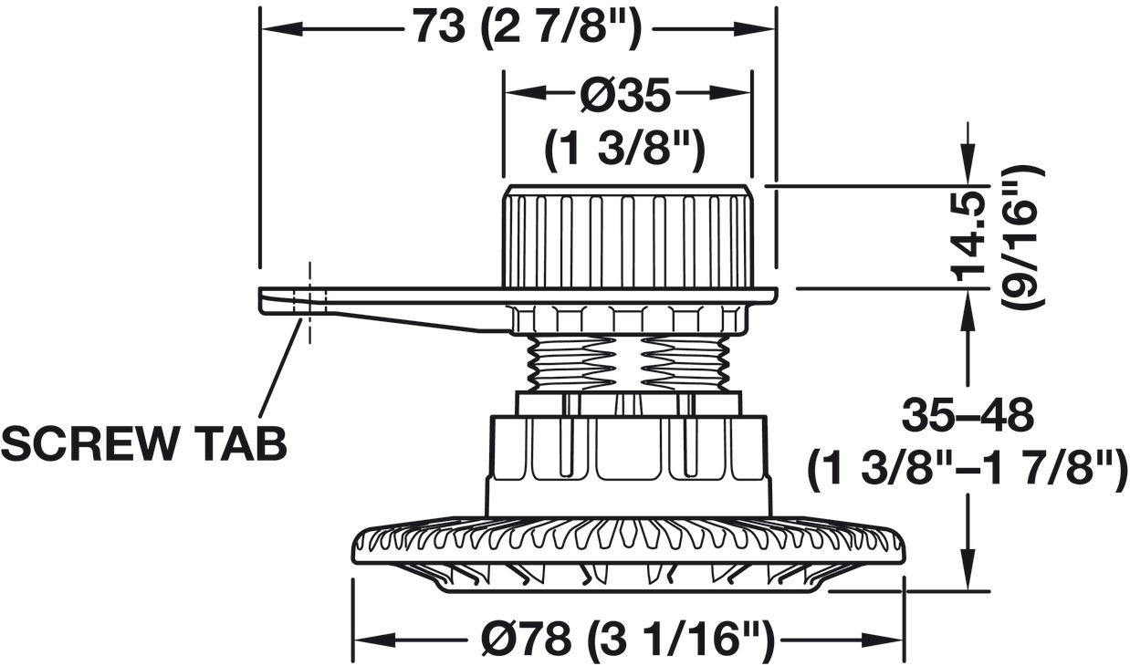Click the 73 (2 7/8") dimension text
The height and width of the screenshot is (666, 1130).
[528, 28]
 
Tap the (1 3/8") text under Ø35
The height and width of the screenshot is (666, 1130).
[624, 150]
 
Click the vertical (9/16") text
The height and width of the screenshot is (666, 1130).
[1022, 237]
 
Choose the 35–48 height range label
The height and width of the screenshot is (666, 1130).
[967, 415]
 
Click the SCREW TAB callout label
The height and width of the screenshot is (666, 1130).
[144, 443]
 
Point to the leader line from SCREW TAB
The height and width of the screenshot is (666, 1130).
[281, 368]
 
